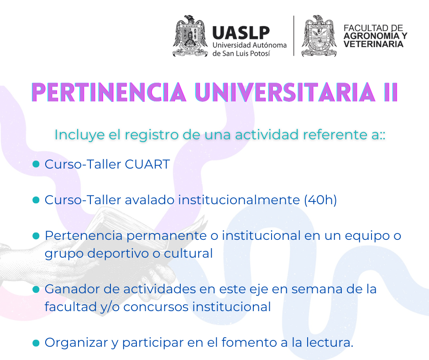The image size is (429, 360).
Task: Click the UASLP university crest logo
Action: (190, 36)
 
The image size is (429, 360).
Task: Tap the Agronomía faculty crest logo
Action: (319, 36)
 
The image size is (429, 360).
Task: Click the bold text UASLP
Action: (241, 33)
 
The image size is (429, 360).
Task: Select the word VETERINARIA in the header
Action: (373, 44)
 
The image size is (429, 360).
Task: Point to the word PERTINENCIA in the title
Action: (109, 92)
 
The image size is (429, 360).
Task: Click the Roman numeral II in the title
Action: (391, 92)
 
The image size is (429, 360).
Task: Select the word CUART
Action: (147, 164)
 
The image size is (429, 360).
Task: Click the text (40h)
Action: (320, 200)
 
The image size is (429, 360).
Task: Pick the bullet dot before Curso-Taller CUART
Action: (36, 164)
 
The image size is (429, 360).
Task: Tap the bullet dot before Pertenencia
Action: (36, 236)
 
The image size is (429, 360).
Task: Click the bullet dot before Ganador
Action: (36, 289)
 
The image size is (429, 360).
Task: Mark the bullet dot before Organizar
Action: (36, 343)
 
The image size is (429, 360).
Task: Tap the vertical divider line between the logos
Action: (294, 36)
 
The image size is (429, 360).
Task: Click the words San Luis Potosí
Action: (246, 53)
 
